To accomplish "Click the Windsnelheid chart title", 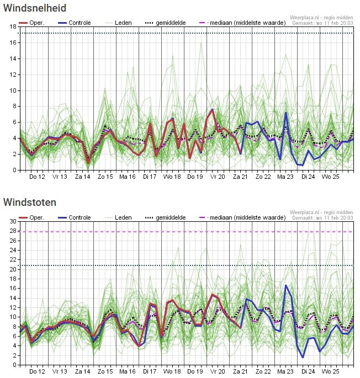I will [x=35, y=8].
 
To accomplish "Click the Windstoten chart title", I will [x=29, y=203].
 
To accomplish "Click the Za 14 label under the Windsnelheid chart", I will [x=82, y=177].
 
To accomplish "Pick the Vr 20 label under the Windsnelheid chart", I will [x=218, y=177].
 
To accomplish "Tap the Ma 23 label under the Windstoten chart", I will [x=285, y=371].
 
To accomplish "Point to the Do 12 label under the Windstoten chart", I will [x=38, y=371].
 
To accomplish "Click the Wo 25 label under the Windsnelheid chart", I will [x=330, y=177].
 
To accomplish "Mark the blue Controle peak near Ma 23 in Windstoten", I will [x=286, y=286].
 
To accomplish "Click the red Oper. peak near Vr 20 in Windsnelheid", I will [x=213, y=110].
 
